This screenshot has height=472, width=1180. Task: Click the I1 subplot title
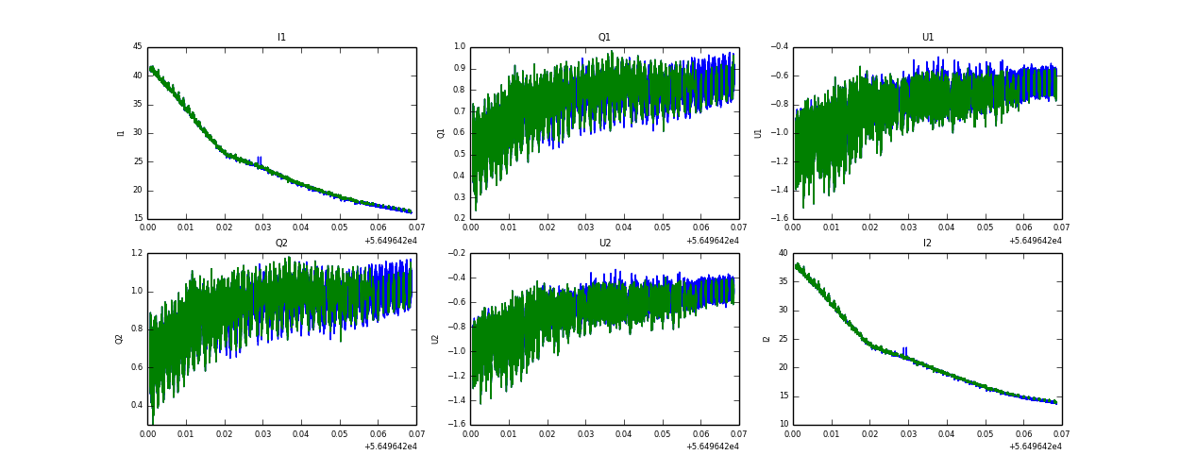point(281,38)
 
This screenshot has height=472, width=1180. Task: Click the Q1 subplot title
point(604,38)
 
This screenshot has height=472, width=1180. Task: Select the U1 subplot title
point(927,38)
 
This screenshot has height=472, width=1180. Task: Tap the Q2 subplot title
point(281,244)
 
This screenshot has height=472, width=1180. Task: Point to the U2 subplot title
point(604,244)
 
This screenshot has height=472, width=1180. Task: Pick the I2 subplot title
point(927,244)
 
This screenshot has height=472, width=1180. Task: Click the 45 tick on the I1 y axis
point(137,47)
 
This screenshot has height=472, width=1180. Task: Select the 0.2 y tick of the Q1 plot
point(459,219)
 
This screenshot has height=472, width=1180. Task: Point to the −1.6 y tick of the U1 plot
point(779,219)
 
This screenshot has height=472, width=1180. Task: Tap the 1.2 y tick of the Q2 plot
point(136,253)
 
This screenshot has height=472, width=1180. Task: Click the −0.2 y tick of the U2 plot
point(456,253)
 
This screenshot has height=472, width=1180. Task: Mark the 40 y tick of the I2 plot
point(783,253)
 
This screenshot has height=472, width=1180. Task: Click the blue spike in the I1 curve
point(259,160)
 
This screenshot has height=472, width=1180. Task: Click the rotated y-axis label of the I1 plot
point(121,133)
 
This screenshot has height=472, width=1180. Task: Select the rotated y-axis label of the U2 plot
point(435,339)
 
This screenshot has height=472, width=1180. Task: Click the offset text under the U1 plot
point(1035,241)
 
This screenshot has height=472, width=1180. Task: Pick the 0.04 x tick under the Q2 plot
point(301,434)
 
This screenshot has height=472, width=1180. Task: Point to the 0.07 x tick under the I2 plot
point(1061,434)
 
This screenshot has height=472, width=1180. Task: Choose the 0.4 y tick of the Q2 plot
point(136,406)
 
